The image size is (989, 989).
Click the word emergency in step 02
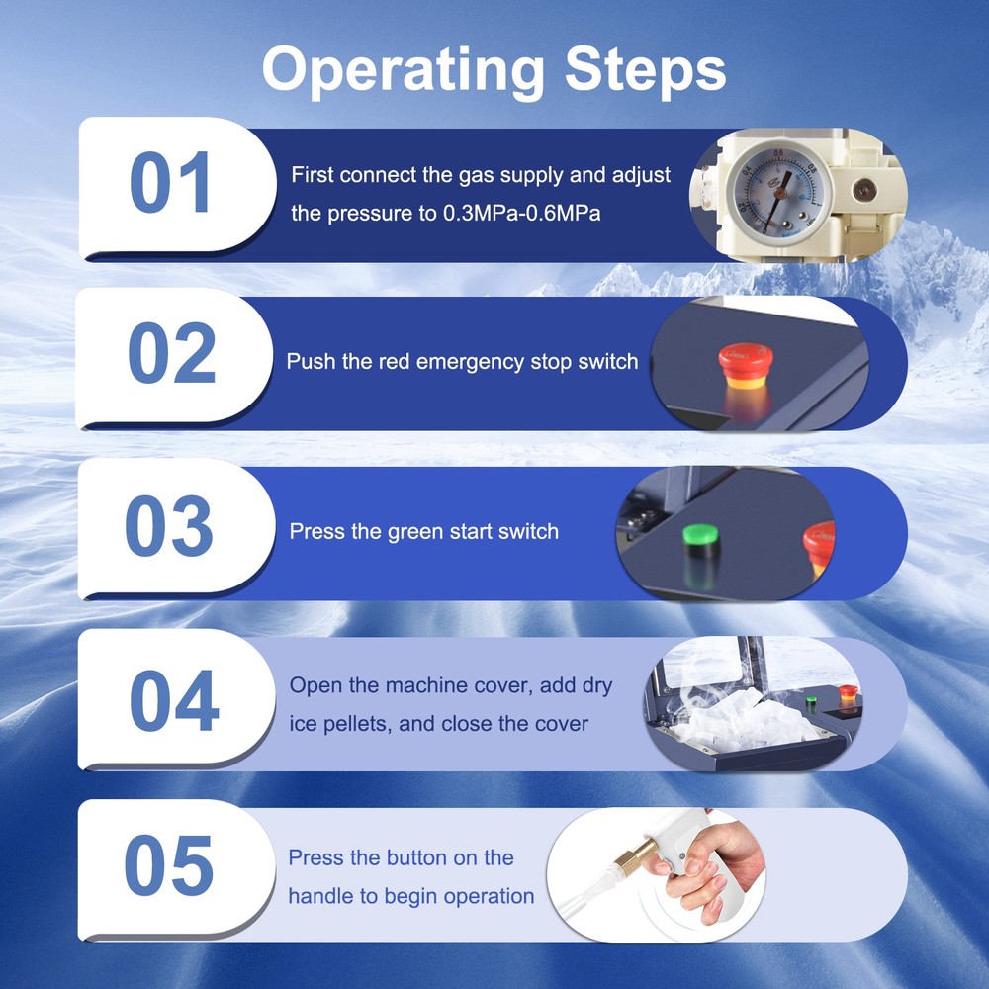click(x=469, y=362)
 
